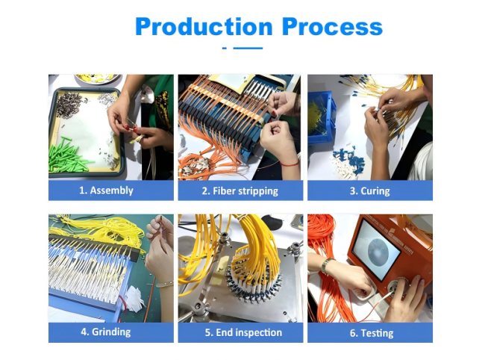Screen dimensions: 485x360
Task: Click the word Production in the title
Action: (204, 27)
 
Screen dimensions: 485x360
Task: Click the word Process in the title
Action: (333, 27)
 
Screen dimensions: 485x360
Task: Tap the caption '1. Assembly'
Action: (106, 190)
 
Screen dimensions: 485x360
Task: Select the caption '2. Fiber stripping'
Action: (240, 191)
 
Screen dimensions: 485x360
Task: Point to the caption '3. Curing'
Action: (369, 191)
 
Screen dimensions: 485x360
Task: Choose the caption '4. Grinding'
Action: (106, 332)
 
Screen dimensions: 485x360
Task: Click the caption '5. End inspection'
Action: (243, 332)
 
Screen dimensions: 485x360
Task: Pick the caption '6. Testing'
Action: (372, 333)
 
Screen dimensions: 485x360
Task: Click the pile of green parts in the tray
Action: (68, 155)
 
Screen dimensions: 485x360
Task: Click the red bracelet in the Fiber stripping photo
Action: (290, 164)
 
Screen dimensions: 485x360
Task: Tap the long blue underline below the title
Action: (248, 49)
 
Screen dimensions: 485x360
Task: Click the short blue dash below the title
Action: (225, 49)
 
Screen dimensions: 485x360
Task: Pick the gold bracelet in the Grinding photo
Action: (165, 284)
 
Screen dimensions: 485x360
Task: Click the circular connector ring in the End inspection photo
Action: (254, 286)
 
